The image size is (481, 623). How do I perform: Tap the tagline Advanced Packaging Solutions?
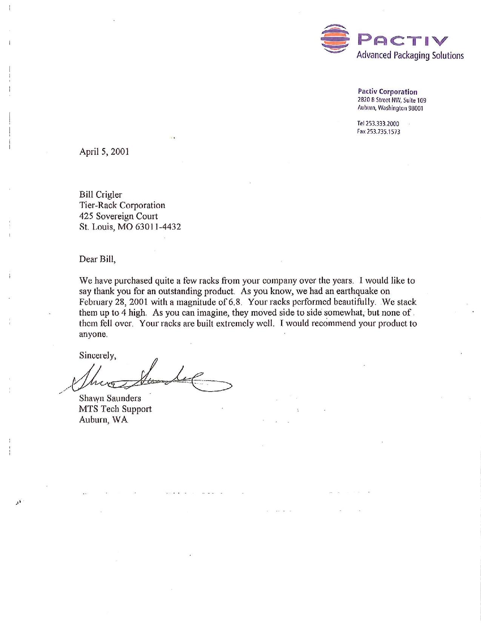(x=410, y=56)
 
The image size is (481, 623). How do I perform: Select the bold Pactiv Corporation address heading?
(x=387, y=92)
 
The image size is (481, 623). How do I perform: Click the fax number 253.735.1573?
(x=383, y=132)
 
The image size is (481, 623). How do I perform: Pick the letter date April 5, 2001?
(x=104, y=152)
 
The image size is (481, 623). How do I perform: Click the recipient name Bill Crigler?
(x=100, y=194)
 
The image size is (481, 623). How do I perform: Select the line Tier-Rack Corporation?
(x=122, y=205)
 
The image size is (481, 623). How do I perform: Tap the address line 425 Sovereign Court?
(x=118, y=216)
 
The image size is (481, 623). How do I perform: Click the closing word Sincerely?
(x=97, y=355)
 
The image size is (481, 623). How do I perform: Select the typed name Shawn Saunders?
(x=110, y=398)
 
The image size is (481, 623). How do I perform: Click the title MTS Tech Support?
(x=115, y=409)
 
